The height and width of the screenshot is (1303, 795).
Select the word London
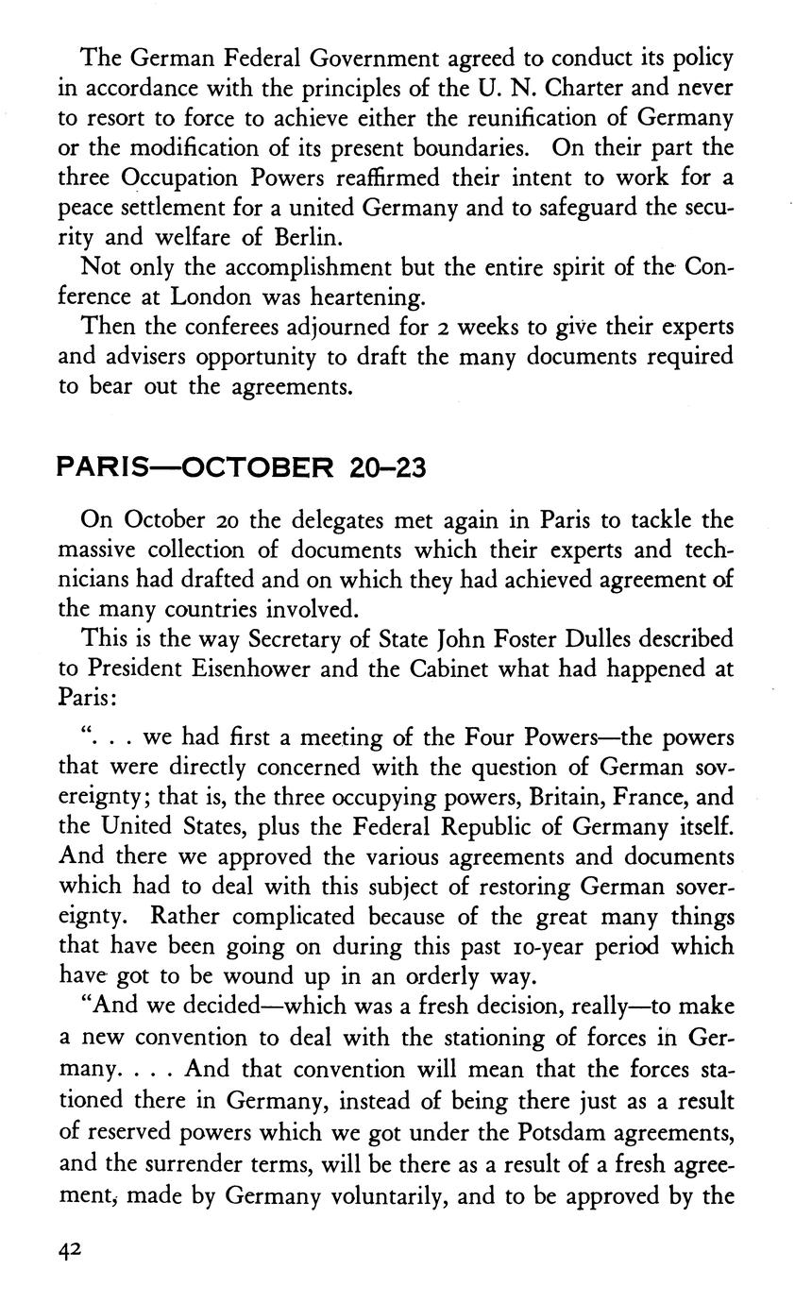209,296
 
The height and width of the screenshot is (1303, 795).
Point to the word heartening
366,297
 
